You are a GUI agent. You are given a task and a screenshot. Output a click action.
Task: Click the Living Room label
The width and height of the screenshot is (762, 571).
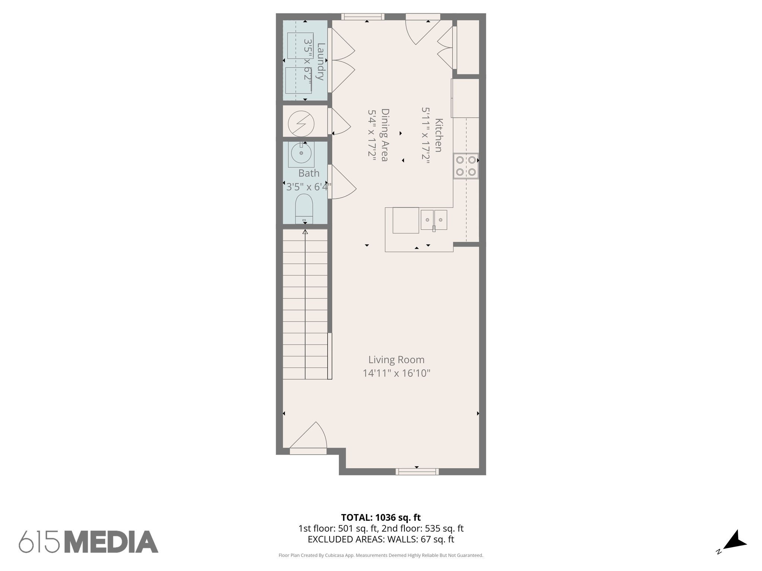click(x=396, y=359)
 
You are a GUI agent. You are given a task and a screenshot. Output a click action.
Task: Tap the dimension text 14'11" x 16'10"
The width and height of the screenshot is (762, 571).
click(x=396, y=373)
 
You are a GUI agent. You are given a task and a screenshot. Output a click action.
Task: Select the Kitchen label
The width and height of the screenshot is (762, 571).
click(x=439, y=135)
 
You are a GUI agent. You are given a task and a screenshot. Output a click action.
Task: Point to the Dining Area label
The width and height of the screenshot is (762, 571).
click(x=385, y=135)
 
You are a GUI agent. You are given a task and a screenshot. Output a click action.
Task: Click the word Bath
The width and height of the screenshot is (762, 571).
click(x=309, y=173)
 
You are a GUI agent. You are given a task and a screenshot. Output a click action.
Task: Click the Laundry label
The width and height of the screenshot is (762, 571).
click(x=320, y=62)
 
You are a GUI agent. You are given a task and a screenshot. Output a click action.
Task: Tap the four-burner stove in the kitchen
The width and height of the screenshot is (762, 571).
click(x=466, y=166)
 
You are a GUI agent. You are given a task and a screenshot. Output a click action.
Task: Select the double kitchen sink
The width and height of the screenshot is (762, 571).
click(x=434, y=220)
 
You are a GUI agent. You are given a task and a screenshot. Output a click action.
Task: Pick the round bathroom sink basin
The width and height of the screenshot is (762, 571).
click(x=301, y=153)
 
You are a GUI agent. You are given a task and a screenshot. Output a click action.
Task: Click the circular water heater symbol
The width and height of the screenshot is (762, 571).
click(x=301, y=123)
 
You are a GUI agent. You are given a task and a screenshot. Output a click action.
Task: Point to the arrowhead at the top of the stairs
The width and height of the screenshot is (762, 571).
click(x=305, y=232)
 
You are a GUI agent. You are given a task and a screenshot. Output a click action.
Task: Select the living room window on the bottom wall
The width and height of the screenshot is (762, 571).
click(x=417, y=471)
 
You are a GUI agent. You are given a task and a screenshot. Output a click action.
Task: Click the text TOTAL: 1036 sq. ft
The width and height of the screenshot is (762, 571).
click(x=381, y=517)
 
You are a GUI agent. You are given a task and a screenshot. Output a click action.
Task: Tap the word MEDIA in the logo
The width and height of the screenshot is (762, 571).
click(x=113, y=542)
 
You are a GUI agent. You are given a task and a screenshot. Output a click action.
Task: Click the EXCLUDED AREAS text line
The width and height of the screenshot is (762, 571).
click(x=381, y=539)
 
